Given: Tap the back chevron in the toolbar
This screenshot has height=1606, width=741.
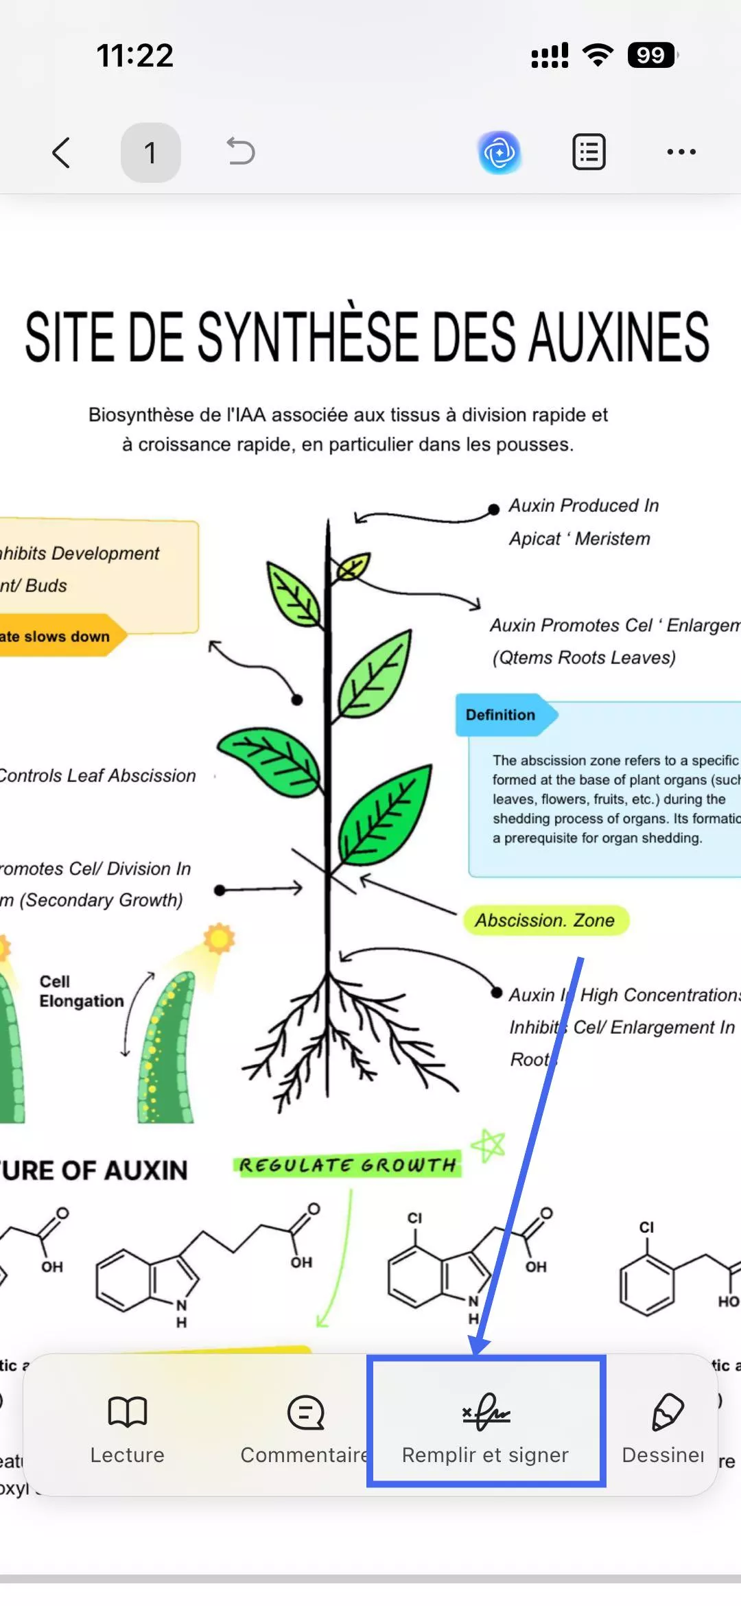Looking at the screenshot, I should coord(61,152).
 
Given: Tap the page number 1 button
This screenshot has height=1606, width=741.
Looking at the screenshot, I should coord(150,152).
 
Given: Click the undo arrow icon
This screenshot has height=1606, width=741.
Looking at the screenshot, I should coord(241,152).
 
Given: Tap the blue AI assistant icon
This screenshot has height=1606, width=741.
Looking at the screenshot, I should coord(499,152).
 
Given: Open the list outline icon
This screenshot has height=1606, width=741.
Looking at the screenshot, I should coord(589,152).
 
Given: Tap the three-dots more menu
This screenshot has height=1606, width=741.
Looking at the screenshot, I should coord(681,152).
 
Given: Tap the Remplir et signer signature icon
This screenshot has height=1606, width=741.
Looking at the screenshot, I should coord(486,1413).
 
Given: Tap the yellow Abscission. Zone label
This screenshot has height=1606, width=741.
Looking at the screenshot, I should coord(545,920).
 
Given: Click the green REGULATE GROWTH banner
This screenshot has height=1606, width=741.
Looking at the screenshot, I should coord(347,1165).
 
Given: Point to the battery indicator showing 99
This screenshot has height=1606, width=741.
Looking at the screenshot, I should coord(650,55).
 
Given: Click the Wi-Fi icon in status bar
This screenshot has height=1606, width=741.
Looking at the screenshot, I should coord(598,55).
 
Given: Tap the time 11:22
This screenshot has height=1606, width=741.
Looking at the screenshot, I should coord(135,56).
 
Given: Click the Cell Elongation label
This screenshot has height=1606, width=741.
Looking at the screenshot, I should coord(81,991).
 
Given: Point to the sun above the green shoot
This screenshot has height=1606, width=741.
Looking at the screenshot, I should coord(219,938).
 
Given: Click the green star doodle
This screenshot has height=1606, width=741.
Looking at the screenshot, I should coord(489,1146).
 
